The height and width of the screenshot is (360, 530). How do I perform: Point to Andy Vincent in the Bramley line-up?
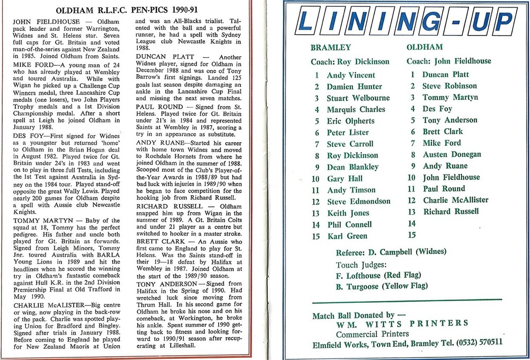(x=350, y=75)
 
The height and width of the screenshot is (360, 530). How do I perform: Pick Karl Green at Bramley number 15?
(x=347, y=236)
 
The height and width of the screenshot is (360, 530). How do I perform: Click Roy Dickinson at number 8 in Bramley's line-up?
(x=352, y=155)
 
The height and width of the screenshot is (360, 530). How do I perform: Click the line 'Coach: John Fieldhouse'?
(x=449, y=61)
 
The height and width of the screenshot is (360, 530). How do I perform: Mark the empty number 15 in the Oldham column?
(x=412, y=234)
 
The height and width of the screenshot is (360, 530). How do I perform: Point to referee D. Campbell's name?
(x=397, y=251)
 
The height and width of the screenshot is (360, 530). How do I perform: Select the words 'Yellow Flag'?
(x=409, y=286)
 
